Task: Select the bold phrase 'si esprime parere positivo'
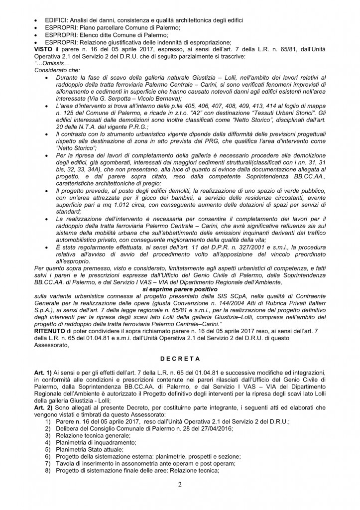pos(180,288)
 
